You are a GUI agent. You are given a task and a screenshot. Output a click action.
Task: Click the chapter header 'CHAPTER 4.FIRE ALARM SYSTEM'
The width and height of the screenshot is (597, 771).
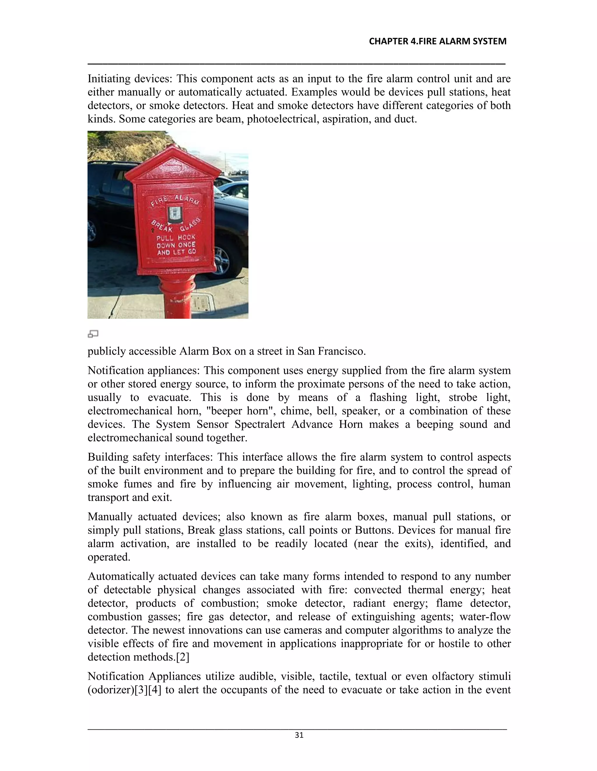[x=437, y=42]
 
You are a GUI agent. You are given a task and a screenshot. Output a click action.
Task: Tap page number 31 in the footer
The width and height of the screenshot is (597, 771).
[x=299, y=735]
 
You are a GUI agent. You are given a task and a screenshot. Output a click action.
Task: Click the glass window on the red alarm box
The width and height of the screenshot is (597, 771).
[x=175, y=213]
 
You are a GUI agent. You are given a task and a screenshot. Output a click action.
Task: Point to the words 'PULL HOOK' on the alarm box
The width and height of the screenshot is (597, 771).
[x=176, y=237]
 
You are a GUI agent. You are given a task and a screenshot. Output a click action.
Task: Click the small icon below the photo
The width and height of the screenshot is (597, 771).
[x=93, y=334]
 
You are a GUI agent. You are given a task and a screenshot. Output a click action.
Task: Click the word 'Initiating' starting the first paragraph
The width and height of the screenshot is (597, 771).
[x=108, y=79]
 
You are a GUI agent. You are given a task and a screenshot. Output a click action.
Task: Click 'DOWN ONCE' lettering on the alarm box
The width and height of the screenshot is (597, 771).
[x=176, y=245]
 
